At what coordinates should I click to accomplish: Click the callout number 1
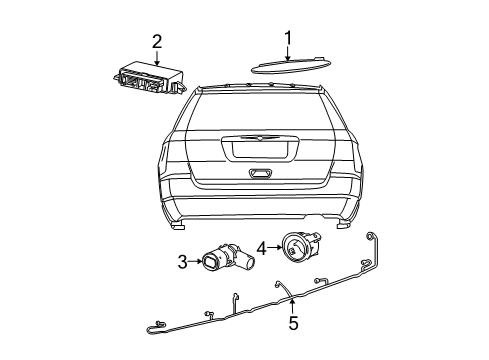(287, 39)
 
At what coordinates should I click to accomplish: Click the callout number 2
(157, 41)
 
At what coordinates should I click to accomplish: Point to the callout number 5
(293, 323)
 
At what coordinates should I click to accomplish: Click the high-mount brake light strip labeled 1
(289, 66)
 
